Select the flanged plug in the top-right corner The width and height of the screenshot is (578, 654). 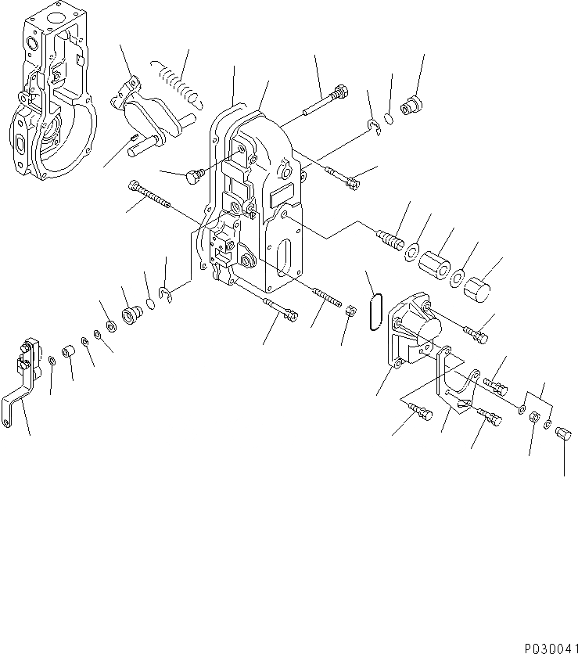click(x=411, y=104)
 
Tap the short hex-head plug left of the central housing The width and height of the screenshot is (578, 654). click(x=192, y=178)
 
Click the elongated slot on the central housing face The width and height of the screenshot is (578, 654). click(x=284, y=257)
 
